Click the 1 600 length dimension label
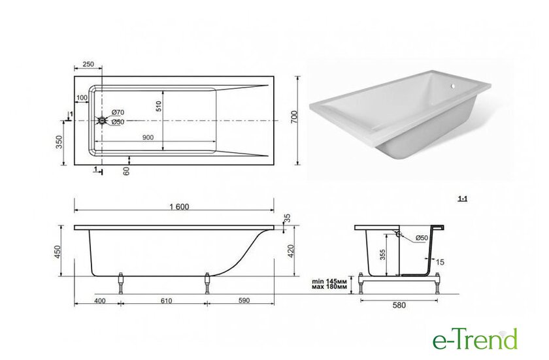(x=179, y=206)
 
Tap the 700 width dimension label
(x=294, y=116)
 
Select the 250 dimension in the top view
(x=88, y=64)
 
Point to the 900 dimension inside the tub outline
(x=148, y=137)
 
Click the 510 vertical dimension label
(x=158, y=106)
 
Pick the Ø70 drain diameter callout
(x=118, y=112)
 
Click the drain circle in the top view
(x=102, y=121)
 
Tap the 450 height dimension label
(x=58, y=252)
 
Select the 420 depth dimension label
(x=291, y=251)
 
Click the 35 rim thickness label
(x=287, y=218)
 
